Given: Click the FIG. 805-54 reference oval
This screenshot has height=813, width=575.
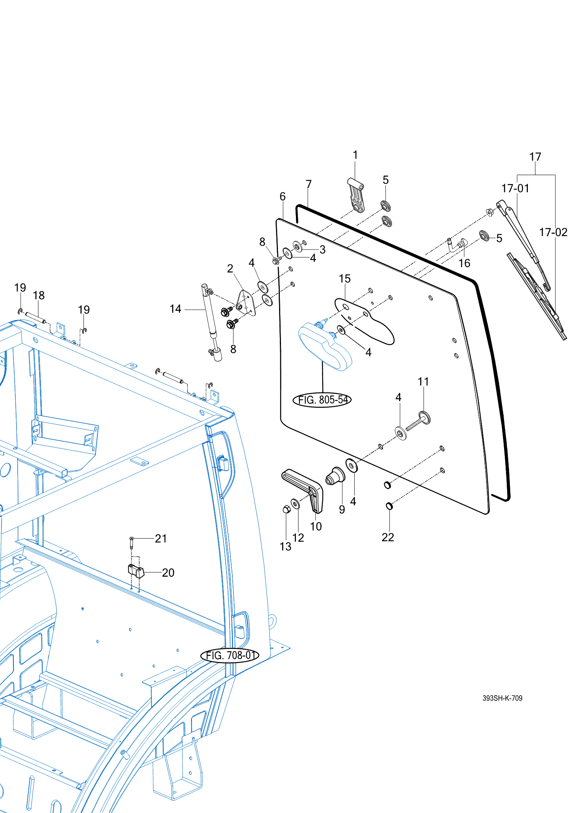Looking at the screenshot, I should pos(322,400).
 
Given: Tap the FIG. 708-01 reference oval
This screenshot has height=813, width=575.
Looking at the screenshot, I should pos(230,655).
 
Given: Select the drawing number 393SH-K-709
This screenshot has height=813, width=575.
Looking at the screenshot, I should pos(502,698).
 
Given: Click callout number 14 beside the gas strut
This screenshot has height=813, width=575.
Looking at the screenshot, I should pos(175,309).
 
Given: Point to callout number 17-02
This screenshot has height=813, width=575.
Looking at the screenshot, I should pos(553,232).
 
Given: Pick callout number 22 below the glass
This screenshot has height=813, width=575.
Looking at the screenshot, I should pos(388,537).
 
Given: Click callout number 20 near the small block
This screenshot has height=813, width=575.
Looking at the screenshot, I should pos(168,573).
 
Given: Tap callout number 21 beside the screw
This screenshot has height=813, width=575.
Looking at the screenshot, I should pos(161,539).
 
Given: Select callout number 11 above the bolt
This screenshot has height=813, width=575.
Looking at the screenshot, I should pos(423,382).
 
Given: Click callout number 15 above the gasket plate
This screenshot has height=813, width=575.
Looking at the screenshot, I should pos(345,279).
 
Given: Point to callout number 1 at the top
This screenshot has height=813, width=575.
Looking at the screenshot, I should pos(355,155).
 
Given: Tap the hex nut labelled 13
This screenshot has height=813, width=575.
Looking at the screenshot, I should pos(286,509).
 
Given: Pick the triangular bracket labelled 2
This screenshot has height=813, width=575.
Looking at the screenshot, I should pos(246,303).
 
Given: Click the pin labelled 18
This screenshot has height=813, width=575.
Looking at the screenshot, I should pos(36,318).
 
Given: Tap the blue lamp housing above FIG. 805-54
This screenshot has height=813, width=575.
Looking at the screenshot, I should pos(325,346).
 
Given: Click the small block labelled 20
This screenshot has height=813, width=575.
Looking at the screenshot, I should pos(136,571).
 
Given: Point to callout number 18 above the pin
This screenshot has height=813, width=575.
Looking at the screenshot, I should pos(39,296).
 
